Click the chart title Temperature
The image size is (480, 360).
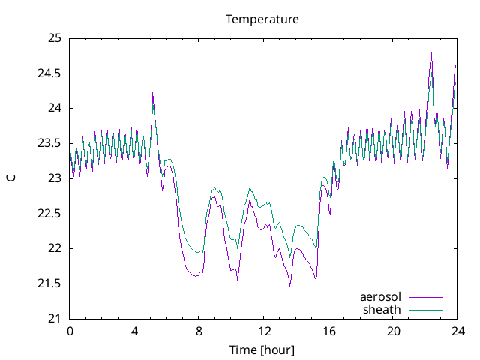point(262,19)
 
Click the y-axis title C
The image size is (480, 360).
point(10,178)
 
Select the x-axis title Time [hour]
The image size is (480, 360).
point(262,349)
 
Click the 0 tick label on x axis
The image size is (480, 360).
point(70,331)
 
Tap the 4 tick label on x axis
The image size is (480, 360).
point(134,331)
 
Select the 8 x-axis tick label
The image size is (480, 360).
point(199,331)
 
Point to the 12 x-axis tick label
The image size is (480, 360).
point(264,331)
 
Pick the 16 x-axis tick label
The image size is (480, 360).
point(328,331)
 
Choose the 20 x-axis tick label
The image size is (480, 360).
point(393,331)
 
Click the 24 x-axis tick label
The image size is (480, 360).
point(457,331)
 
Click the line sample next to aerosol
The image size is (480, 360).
point(425,298)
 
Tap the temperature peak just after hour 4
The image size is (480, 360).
point(152,92)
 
